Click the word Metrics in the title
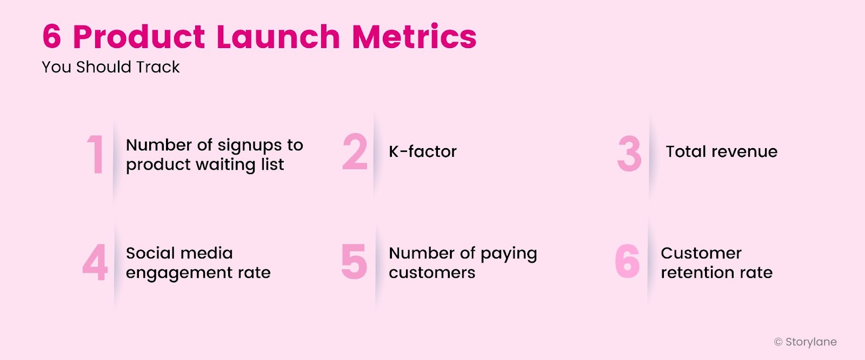[x=414, y=37]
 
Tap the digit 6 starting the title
[x=52, y=37]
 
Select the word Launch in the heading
[x=278, y=37]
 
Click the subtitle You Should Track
[x=111, y=67]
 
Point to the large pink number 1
[x=96, y=155]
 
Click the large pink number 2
[x=355, y=152]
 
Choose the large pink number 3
[x=629, y=154]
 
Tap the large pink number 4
[x=95, y=263]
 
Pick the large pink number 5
[x=354, y=262]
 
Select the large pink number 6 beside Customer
[x=627, y=262]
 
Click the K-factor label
[x=423, y=152]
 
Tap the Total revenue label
[x=721, y=152]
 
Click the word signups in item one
[x=249, y=146]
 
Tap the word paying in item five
[x=508, y=254]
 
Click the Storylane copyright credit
[x=805, y=342]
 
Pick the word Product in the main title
[x=138, y=37]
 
